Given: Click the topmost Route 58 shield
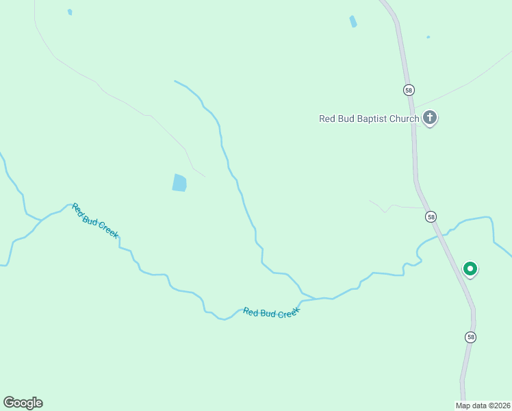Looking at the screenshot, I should pyautogui.click(x=409, y=90).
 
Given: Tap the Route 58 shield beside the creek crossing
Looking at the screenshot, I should pyautogui.click(x=431, y=216).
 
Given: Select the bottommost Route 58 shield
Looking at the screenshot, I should pyautogui.click(x=470, y=336).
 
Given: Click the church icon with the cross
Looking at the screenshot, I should pyautogui.click(x=430, y=118).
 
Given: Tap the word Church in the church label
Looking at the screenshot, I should pyautogui.click(x=405, y=119).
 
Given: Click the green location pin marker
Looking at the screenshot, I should pyautogui.click(x=470, y=269).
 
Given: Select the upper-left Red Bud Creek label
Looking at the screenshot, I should pyautogui.click(x=95, y=221).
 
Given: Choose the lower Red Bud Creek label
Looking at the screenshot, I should pyautogui.click(x=272, y=312).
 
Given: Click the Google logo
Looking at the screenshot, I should pyautogui.click(x=23, y=403).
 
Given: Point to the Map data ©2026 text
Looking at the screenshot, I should pyautogui.click(x=483, y=405).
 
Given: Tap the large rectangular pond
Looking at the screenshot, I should pyautogui.click(x=179, y=182).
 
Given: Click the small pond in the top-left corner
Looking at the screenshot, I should pyautogui.click(x=70, y=12).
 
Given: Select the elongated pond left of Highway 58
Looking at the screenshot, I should pyautogui.click(x=353, y=21).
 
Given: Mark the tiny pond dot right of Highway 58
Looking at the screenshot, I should pyautogui.click(x=428, y=37).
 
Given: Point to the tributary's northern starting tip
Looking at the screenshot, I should pyautogui.click(x=175, y=81).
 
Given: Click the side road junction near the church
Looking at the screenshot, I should pyautogui.click(x=414, y=110).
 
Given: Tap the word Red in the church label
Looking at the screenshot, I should pyautogui.click(x=328, y=119).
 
